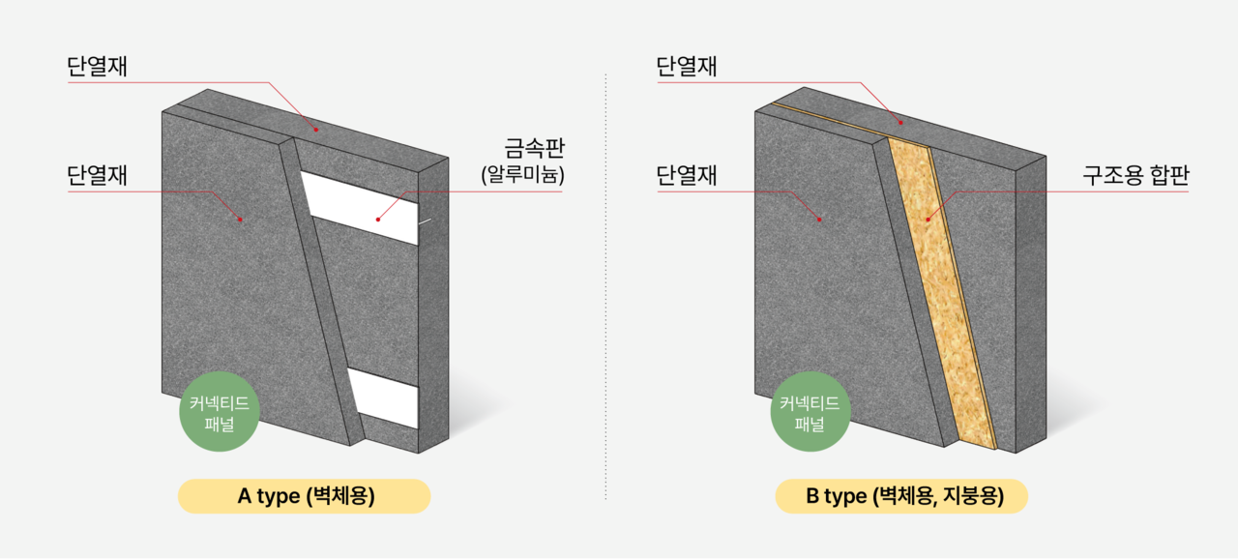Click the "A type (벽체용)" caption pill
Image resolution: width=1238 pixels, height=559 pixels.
coord(304,496)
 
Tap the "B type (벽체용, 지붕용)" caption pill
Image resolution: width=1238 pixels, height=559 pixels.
coord(900,496)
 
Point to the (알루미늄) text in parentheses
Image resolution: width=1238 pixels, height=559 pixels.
coord(522,176)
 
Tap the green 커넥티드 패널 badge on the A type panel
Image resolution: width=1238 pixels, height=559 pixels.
coord(220,412)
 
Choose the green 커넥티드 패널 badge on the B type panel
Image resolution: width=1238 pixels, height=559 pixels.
coord(810,412)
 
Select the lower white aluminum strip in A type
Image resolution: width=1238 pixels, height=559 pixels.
coord(384,398)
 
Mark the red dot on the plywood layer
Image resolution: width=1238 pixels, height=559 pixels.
coord(927,220)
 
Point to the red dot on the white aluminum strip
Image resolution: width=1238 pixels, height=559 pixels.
coord(378,220)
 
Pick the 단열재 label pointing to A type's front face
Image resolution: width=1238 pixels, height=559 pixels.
coord(98,175)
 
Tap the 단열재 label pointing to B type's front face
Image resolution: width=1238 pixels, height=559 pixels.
coord(686,175)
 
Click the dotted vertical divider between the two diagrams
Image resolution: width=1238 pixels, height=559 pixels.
coord(606,280)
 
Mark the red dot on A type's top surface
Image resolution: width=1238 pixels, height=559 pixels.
coord(314,127)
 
